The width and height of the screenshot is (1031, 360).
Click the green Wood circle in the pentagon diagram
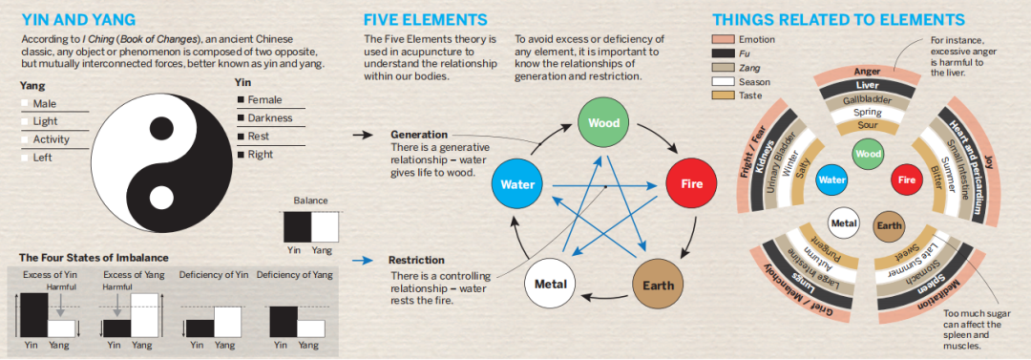604,122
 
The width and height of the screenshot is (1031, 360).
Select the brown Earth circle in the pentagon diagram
658,286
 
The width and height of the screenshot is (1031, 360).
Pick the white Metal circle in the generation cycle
551,286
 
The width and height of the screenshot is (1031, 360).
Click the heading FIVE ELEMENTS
426,19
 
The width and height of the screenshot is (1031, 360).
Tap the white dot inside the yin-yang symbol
160,197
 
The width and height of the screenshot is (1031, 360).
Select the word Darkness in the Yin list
269,118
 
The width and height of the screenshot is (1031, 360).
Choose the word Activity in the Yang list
51,139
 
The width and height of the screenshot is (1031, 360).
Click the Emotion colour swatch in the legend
723,39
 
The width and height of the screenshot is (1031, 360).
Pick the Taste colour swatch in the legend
723,95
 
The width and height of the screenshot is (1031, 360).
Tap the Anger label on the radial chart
867,71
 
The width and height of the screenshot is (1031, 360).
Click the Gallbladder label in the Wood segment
867,100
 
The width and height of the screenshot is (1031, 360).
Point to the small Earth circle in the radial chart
888,225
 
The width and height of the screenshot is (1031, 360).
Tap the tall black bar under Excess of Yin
33,315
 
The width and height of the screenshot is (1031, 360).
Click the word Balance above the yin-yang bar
310,201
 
